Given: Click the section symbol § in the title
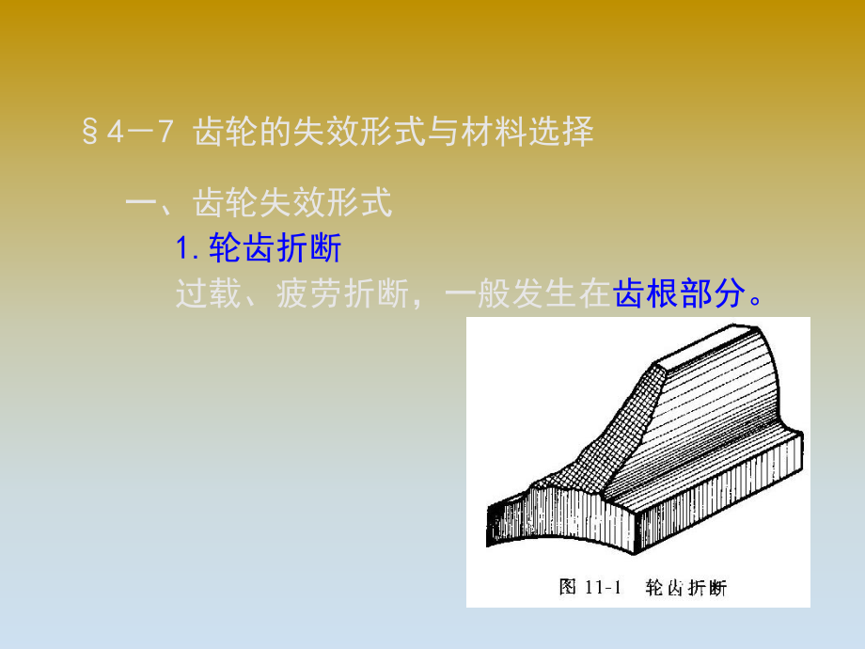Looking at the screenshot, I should coord(91,133).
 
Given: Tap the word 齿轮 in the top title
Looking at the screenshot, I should coord(224,133).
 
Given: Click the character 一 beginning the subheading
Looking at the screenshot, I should coord(141,202).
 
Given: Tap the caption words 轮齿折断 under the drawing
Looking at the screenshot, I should coord(685,588).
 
